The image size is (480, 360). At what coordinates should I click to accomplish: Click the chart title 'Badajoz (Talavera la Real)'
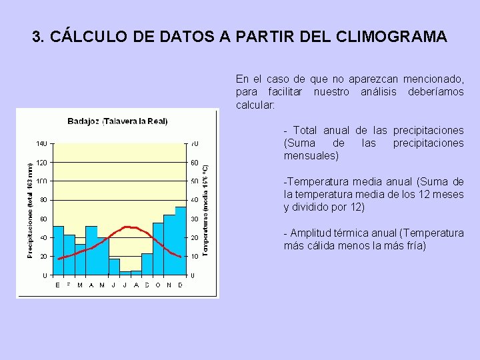[117, 121]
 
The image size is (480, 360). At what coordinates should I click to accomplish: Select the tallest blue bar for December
[181, 241]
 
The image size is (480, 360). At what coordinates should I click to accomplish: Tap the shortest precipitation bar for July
[125, 273]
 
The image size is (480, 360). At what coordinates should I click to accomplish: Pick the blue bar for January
[58, 251]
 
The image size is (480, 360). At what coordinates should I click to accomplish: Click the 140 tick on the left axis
[41, 143]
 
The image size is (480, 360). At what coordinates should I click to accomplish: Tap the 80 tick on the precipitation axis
[43, 200]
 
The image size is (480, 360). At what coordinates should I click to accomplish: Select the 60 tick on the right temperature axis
[194, 163]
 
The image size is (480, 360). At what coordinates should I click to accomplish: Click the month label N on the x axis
[169, 285]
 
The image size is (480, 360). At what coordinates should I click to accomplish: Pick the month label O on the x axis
[158, 285]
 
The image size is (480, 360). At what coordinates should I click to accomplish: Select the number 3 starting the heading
[36, 37]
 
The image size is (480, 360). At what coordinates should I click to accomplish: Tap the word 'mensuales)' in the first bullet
[311, 156]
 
